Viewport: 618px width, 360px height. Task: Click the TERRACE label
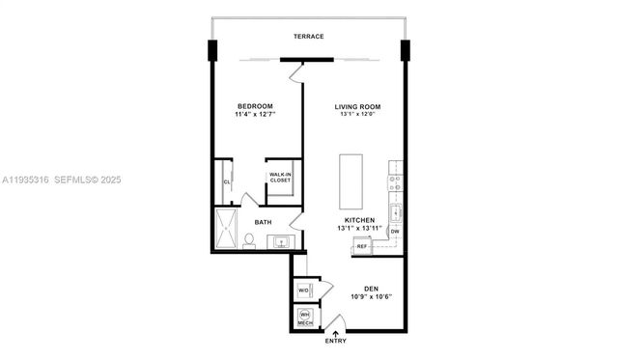coord(310,37)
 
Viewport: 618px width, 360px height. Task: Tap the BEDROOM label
coord(255,105)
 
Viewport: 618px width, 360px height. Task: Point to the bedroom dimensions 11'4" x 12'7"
coord(255,115)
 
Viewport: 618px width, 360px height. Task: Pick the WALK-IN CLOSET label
coord(281,178)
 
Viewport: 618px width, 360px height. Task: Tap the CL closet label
coord(227,180)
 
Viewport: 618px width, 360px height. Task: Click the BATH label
coord(263,222)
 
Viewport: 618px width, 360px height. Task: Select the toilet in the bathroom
coord(249,239)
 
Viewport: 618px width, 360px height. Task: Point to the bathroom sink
coord(282,240)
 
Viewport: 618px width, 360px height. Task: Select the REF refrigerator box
coord(362,247)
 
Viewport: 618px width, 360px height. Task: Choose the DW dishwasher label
coord(394,232)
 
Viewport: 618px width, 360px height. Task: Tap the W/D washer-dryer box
coord(303,291)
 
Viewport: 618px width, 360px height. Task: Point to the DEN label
coord(371,288)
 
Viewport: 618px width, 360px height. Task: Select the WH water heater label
coord(304,315)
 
